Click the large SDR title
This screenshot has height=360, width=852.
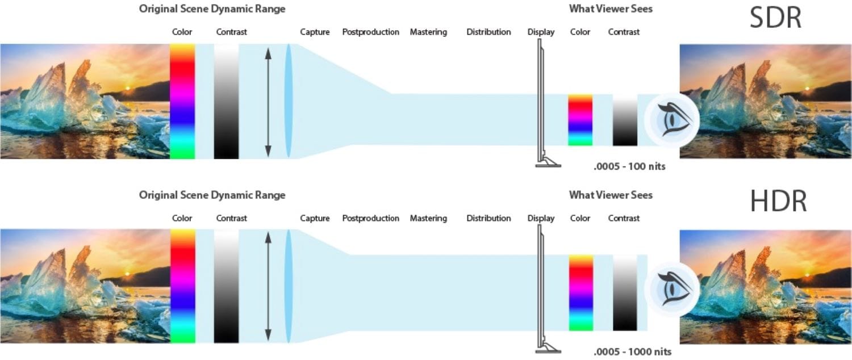[775, 18]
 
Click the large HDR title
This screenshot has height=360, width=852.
[778, 201]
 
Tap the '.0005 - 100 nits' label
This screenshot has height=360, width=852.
[629, 166]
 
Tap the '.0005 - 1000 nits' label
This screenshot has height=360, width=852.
[632, 351]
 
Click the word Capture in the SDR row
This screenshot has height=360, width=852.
[315, 32]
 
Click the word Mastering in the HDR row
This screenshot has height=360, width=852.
[428, 218]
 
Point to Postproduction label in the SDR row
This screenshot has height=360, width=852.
[370, 32]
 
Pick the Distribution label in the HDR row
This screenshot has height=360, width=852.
[488, 218]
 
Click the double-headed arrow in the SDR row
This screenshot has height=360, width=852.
[268, 102]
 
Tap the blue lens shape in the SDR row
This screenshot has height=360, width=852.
[288, 102]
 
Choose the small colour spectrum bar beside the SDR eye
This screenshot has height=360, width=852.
[580, 120]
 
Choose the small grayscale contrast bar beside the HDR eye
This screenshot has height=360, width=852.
[624, 292]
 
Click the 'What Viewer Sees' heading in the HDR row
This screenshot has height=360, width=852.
[611, 195]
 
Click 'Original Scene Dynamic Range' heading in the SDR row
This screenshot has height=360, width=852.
[212, 9]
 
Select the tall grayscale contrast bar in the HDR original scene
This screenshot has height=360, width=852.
[226, 286]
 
